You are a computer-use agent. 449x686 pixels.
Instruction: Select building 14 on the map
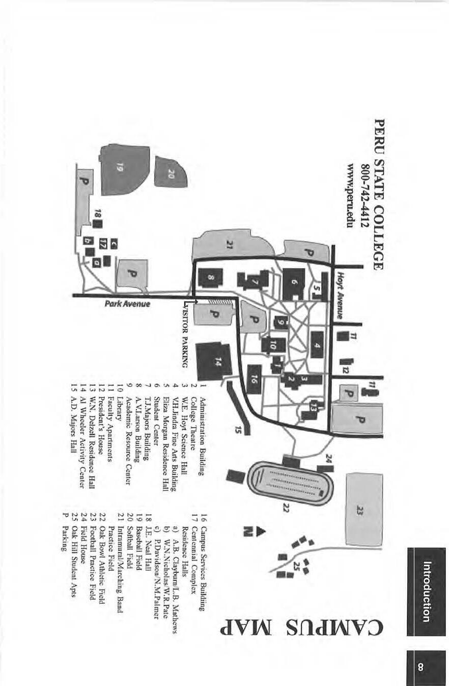[x=214, y=362]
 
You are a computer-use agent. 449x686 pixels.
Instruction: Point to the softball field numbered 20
[x=172, y=172]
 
